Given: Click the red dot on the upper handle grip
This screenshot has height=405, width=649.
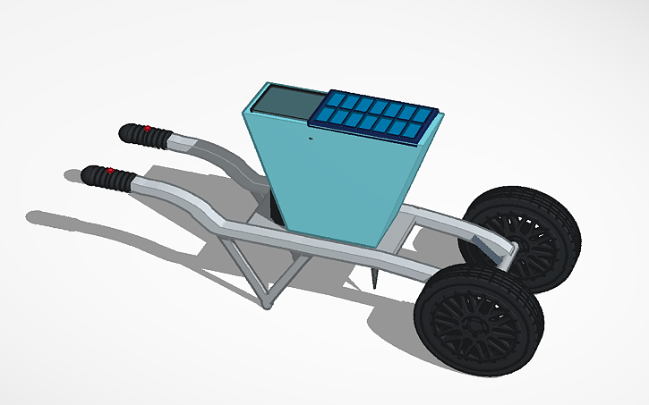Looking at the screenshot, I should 147,129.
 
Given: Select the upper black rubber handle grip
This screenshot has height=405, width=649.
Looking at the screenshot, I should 144,136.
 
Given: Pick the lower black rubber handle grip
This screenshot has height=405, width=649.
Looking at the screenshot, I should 107,177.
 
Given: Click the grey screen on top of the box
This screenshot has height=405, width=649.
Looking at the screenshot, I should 281,100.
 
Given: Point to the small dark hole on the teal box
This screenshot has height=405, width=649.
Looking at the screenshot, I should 311,138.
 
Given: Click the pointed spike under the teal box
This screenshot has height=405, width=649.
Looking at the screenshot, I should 371,280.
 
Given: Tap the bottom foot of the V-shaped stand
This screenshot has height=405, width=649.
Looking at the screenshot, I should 266,305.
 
